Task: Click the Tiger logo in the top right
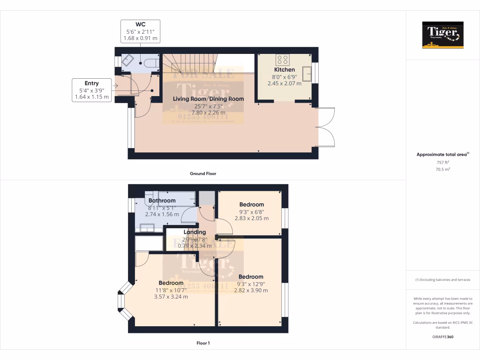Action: pyautogui.click(x=442, y=35)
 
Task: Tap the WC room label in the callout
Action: pyautogui.click(x=140, y=24)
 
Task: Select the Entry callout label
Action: pyautogui.click(x=91, y=83)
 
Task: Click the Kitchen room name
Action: pyautogui.click(x=285, y=70)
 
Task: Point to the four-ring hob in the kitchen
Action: pyautogui.click(x=283, y=60)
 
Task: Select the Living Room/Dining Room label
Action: pyautogui.click(x=208, y=99)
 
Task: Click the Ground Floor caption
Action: pyautogui.click(x=202, y=173)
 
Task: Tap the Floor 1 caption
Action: pyautogui.click(x=202, y=343)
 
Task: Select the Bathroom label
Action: pyautogui.click(x=162, y=201)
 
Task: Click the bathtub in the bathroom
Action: pyautogui.click(x=176, y=198)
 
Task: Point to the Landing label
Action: pyautogui.click(x=195, y=232)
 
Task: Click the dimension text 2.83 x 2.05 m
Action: pyautogui.click(x=252, y=218)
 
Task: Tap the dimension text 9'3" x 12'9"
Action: pyautogui.click(x=251, y=284)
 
